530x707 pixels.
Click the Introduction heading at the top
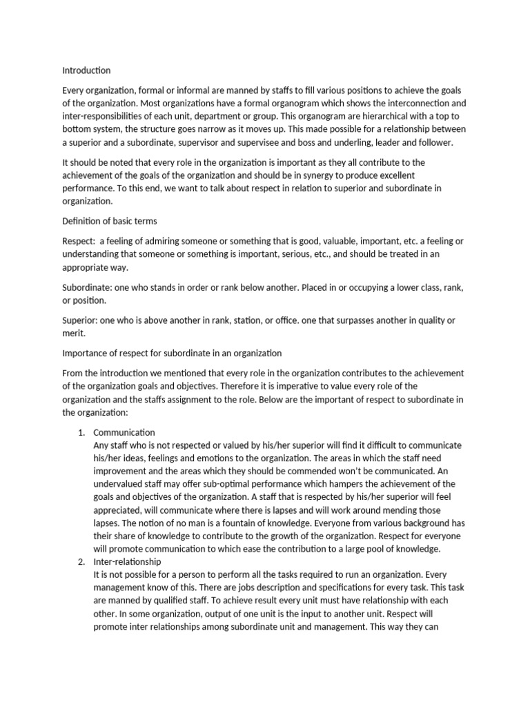(86, 70)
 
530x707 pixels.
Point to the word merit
(73, 333)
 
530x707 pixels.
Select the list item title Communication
(124, 432)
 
